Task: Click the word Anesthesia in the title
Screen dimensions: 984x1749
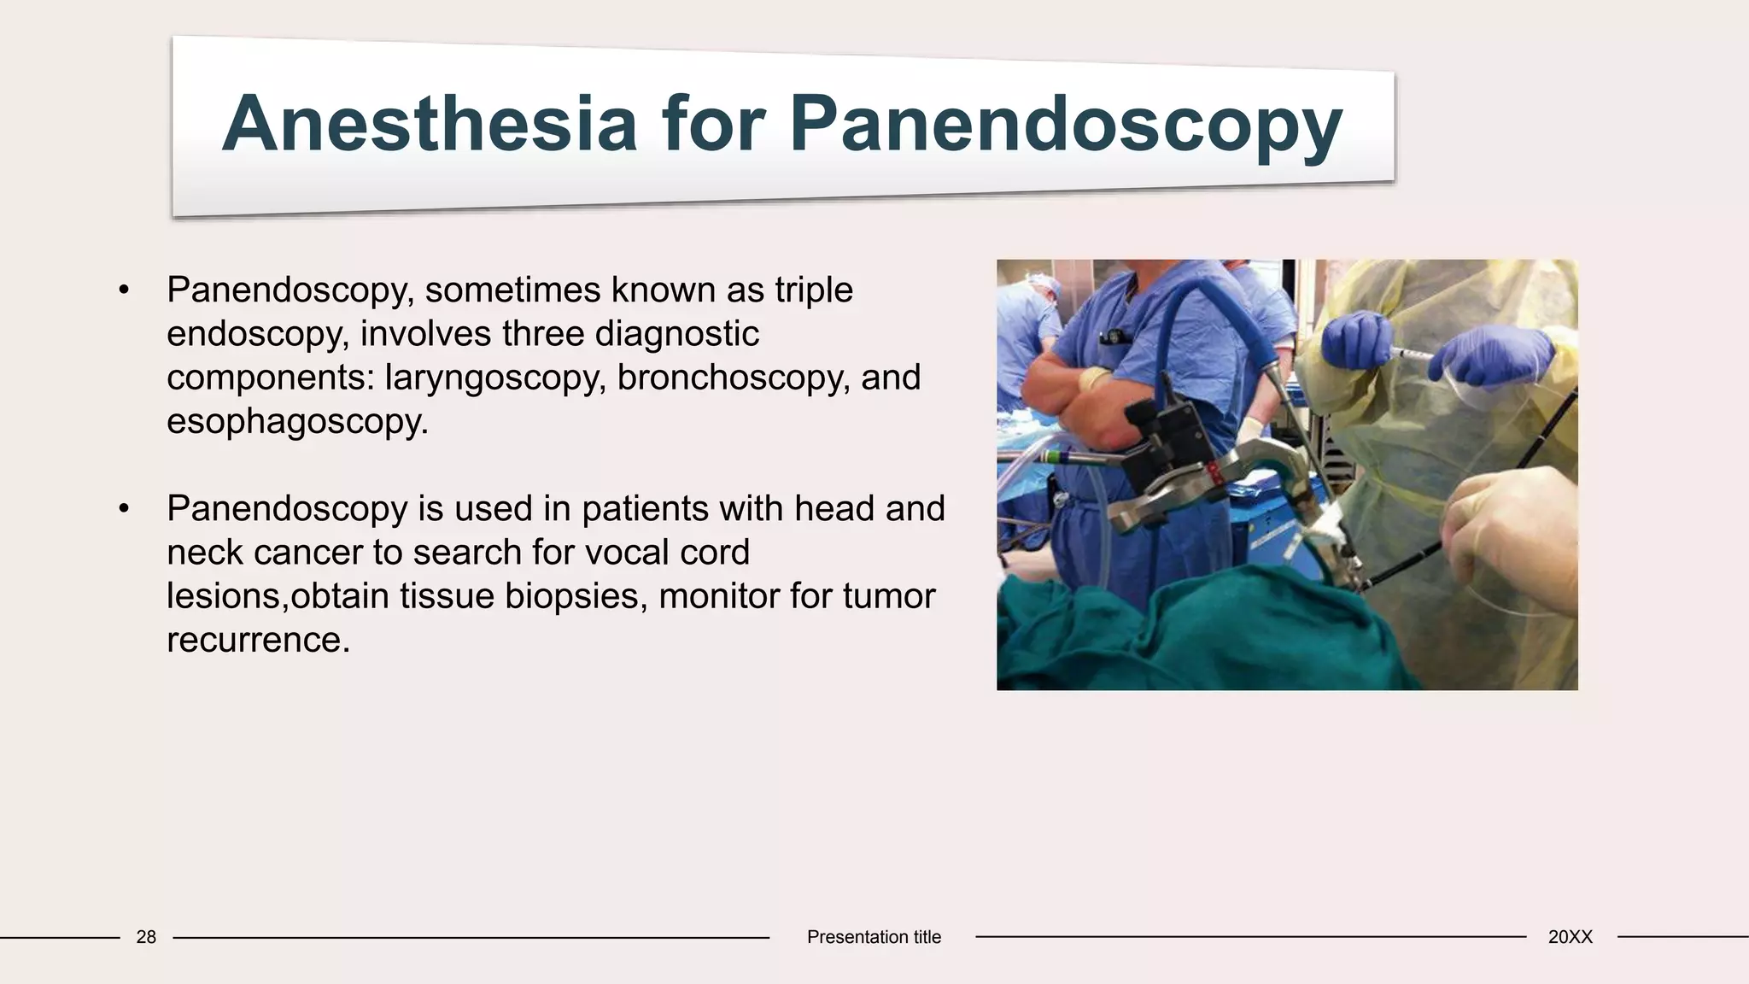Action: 429,124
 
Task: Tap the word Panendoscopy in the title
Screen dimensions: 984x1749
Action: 1065,126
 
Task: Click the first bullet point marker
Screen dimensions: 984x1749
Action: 125,290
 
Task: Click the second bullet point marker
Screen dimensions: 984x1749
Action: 125,509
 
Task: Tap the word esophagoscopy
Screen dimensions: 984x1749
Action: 295,421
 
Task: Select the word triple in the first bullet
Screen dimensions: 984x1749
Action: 813,290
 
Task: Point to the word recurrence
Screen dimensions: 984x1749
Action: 257,640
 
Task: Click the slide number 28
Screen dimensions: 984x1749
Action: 146,937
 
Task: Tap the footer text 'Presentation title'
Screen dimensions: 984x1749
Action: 874,937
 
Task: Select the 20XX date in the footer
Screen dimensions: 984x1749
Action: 1570,937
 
